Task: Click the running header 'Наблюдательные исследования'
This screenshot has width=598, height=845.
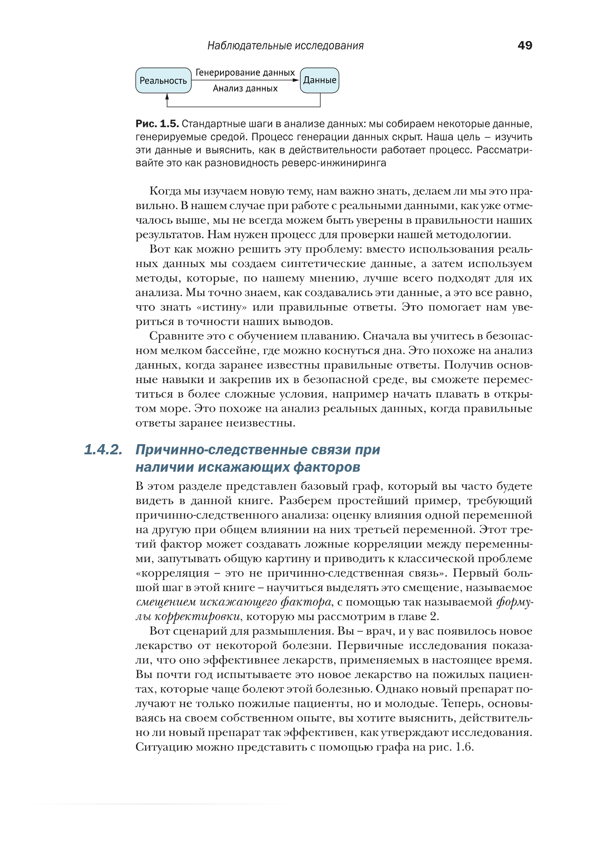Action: (x=285, y=46)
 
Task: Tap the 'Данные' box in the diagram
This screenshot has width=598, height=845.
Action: (x=320, y=80)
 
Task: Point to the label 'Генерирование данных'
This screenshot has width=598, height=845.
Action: (x=245, y=72)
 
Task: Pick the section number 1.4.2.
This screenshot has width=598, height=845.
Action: (x=103, y=450)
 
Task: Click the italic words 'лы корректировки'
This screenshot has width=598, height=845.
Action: (x=188, y=617)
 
